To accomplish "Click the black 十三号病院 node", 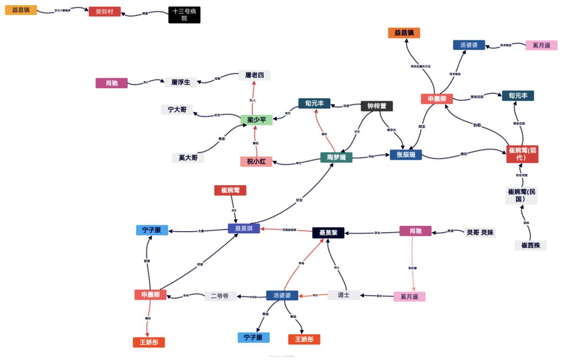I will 184,15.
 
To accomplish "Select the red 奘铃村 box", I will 104,11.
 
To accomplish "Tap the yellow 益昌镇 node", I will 21,10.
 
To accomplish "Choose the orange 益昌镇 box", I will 404,33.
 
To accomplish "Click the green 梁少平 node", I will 256,120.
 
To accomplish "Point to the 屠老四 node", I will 254,75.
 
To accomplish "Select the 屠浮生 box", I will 181,82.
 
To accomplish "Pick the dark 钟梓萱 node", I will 377,106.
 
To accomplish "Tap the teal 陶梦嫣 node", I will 336,157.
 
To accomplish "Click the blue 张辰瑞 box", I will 406,154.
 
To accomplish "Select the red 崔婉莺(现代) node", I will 522,153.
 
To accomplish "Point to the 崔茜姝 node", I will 530,245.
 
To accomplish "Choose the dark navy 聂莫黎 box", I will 328,233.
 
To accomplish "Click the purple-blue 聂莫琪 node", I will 243,229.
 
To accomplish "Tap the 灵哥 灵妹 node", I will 480,232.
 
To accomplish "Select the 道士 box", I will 344,295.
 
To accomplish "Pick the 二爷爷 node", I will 220,296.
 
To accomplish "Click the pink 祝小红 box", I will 256,161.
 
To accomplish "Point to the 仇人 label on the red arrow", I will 253,100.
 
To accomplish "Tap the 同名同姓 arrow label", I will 522,175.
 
